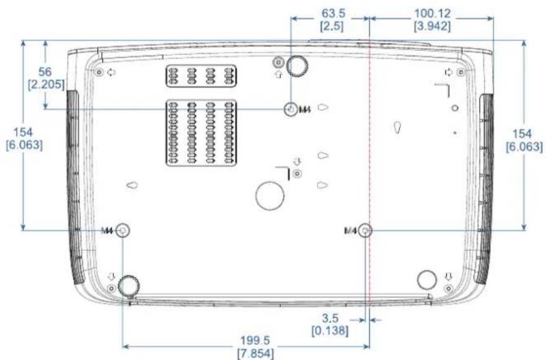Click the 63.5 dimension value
click(333, 14)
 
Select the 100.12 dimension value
click(432, 14)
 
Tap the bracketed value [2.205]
click(46, 85)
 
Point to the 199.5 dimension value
click(255, 341)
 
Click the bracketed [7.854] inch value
click(255, 353)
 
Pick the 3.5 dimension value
click(330, 318)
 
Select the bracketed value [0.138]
click(330, 330)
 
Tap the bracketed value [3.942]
click(432, 27)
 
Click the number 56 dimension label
click(45, 72)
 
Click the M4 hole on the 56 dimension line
click(291, 110)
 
